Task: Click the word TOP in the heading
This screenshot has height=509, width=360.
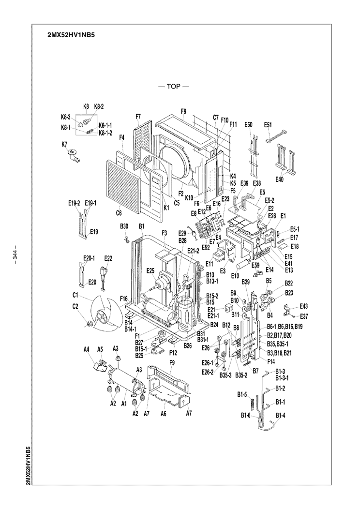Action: (173, 87)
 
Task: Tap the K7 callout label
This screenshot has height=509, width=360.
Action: (64, 144)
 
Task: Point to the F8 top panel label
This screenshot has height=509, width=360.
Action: (183, 111)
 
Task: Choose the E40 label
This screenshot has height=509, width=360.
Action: (279, 180)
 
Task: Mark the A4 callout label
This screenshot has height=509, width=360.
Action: (87, 349)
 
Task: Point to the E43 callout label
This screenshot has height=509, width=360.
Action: (303, 306)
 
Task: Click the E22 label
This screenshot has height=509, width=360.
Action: (108, 258)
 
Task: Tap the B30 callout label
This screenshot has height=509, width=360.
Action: (124, 226)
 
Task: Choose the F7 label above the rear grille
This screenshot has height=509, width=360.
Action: (138, 116)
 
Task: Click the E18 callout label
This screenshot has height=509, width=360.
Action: (295, 246)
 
